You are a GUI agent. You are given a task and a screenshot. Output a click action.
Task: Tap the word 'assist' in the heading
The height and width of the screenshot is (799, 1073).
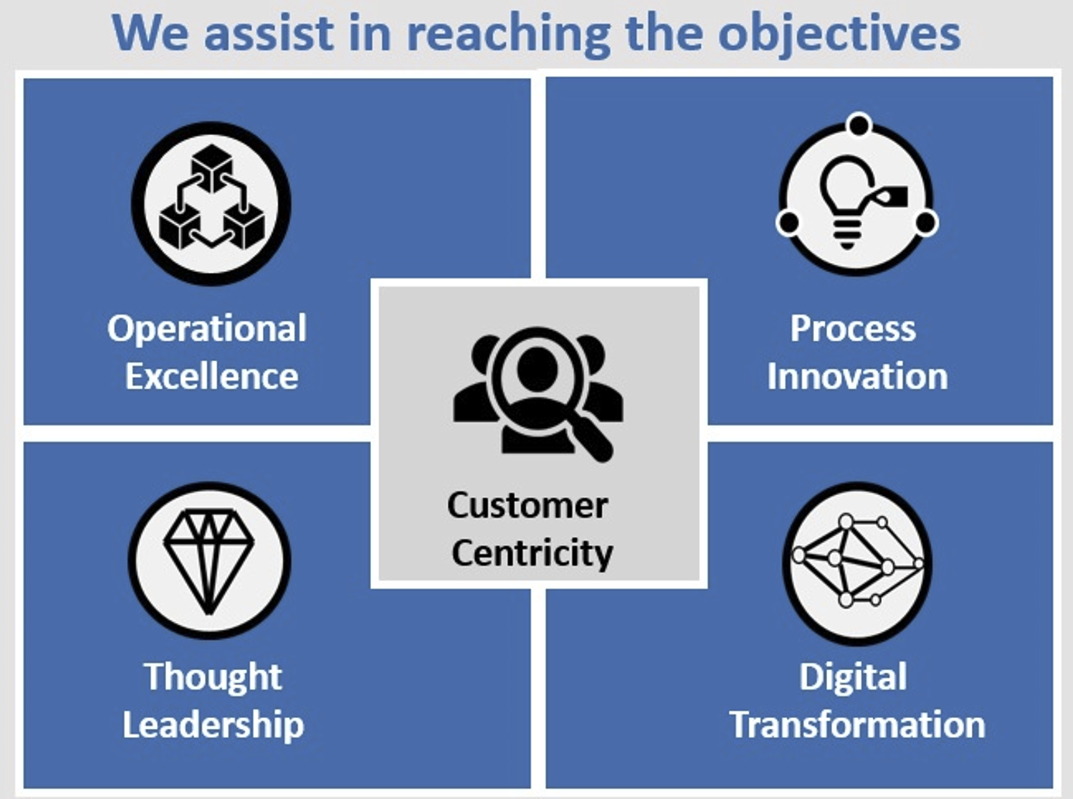[x=269, y=33]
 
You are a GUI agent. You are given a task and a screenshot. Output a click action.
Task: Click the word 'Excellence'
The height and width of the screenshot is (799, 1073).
[x=211, y=376]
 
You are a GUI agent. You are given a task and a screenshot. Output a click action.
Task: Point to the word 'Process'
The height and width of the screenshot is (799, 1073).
[x=853, y=328]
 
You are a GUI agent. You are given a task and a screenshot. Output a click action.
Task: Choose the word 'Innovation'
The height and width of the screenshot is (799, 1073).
[x=858, y=376]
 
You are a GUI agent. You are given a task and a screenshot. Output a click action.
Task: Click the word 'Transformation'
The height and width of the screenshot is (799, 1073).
[x=857, y=725]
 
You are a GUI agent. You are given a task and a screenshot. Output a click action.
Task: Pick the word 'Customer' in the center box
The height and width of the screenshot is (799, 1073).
[x=527, y=506]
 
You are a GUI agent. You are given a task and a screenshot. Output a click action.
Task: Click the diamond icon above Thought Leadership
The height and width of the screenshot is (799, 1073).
[x=209, y=561]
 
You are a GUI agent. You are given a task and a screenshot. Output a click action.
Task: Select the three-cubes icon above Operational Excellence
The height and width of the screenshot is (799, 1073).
[x=211, y=197]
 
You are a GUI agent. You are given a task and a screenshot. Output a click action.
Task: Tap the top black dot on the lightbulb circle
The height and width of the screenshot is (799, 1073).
[x=859, y=125]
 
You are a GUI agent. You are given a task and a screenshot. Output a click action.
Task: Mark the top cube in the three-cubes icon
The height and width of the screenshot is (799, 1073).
[x=211, y=167]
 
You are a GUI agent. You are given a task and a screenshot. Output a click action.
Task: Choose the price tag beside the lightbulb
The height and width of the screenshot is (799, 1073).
[x=888, y=196]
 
